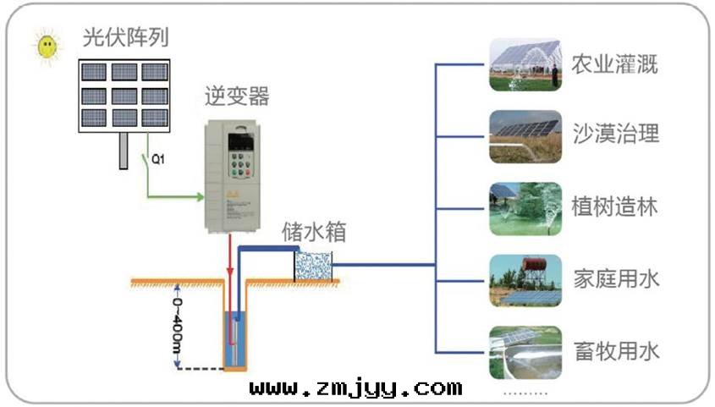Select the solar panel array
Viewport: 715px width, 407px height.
tap(125, 93)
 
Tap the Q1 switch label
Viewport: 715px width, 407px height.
tap(157, 158)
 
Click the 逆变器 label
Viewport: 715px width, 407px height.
tap(238, 96)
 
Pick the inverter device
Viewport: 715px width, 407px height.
tap(240, 176)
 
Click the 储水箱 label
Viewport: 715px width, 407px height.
tap(314, 231)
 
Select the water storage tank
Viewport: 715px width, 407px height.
tap(313, 265)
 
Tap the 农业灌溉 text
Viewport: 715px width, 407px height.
tap(614, 65)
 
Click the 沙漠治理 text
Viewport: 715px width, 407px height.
tap(614, 135)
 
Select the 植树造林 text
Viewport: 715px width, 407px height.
tap(614, 206)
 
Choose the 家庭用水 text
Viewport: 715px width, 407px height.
tap(614, 278)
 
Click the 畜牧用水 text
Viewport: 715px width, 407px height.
tap(614, 350)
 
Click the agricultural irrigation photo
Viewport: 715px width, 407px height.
tap(525, 65)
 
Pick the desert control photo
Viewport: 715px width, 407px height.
tap(525, 135)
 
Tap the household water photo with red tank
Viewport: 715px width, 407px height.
tap(525, 280)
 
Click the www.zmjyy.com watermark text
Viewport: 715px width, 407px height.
tap(355, 388)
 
